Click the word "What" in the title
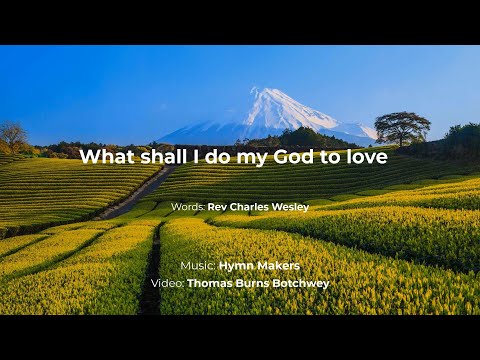click(x=104, y=157)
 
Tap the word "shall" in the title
click(x=156, y=157)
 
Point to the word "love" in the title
click(x=365, y=157)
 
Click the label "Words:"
click(x=188, y=207)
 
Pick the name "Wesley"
click(x=287, y=207)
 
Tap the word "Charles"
click(x=245, y=207)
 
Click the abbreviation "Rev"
click(x=216, y=207)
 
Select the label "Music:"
click(x=198, y=266)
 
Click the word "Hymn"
click(x=236, y=266)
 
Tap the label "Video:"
click(x=167, y=283)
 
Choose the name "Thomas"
click(x=209, y=283)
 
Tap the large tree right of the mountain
click(x=402, y=125)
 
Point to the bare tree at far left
click(x=13, y=134)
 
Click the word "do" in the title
click(x=222, y=157)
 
